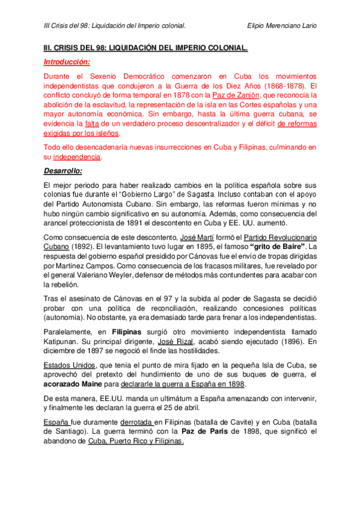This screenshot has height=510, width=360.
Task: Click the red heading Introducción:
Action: (x=67, y=62)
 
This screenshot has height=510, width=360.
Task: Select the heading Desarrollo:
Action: (x=64, y=170)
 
